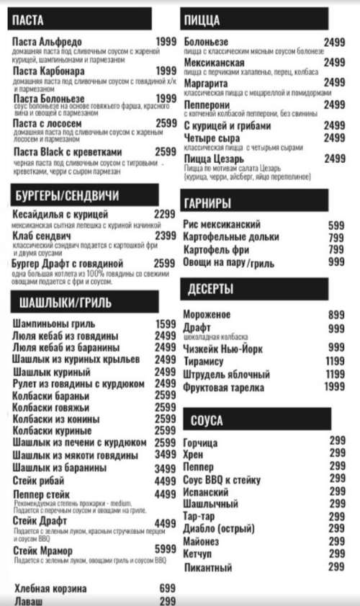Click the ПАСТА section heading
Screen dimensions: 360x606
[28, 20]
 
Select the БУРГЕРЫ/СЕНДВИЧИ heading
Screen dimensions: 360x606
[67, 196]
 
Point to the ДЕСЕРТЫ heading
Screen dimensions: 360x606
[211, 290]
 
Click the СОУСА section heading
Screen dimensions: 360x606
[207, 420]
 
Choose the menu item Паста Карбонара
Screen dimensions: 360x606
[49, 71]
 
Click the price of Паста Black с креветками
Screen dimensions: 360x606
[166, 152]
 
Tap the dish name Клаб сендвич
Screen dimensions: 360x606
[42, 236]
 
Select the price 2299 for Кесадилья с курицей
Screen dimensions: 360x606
[165, 214]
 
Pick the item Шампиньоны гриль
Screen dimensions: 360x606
[54, 324]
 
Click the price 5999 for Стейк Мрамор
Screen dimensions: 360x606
[165, 550]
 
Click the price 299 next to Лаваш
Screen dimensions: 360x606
[167, 601]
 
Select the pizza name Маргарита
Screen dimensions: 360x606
[206, 83]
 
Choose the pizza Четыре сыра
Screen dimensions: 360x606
[212, 138]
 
